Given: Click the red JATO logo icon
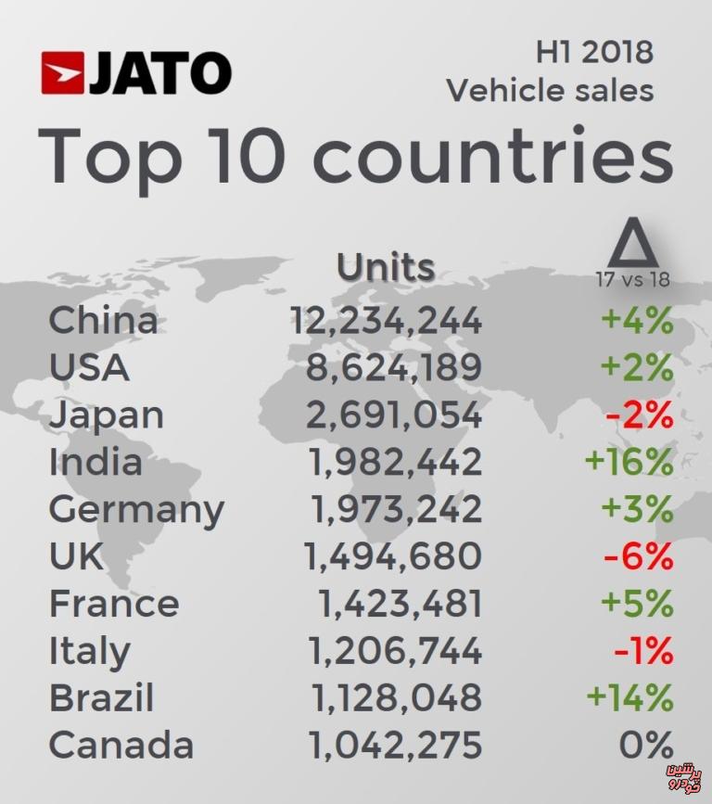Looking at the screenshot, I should point(62,73).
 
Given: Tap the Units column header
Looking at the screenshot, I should point(386,267).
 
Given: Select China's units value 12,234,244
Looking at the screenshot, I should point(386,321).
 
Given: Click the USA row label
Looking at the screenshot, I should point(89,368).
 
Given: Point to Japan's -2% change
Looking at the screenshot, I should point(639,415).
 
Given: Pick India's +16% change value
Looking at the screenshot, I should point(629,462).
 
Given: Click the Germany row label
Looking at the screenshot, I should point(136,510).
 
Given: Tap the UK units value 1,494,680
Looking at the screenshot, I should point(393,556).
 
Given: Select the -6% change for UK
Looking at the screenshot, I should point(638,556).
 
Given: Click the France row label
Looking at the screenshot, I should point(114,604).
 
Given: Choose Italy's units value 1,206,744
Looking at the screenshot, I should point(393,651).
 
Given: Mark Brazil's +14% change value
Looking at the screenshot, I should point(629,697).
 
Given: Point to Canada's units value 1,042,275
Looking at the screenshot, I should point(393,745).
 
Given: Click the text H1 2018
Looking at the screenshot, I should point(594,52).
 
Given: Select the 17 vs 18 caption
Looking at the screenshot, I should point(633,280).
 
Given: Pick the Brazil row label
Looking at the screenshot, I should point(101,697).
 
